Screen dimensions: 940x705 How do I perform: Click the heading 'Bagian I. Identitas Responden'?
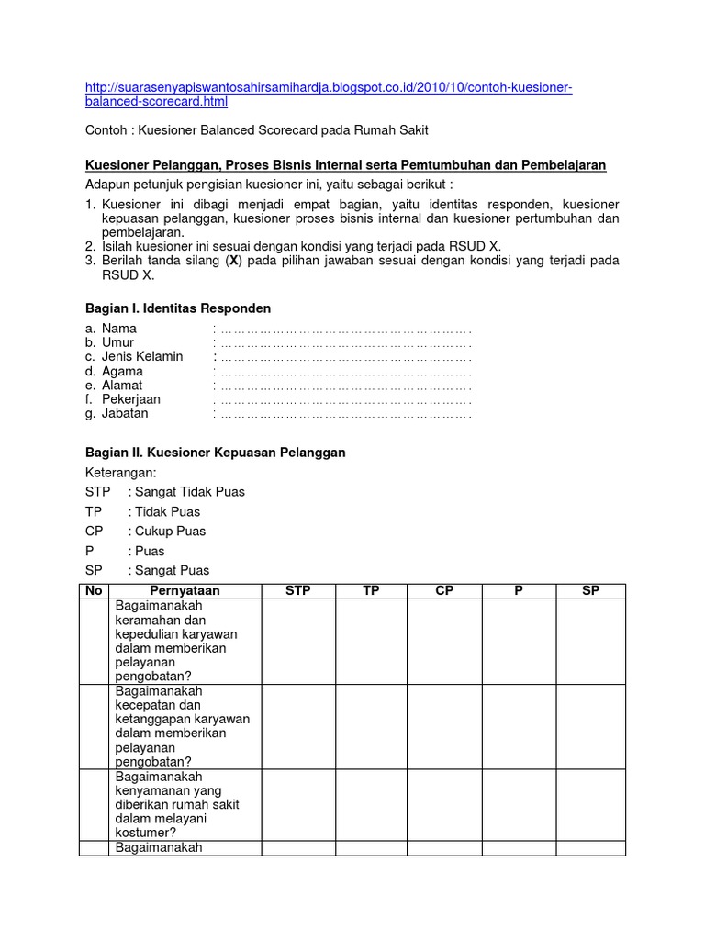pyautogui.click(x=177, y=308)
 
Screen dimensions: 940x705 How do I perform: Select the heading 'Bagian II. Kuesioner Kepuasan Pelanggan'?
pyautogui.click(x=215, y=453)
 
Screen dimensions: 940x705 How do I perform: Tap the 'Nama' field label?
pyautogui.click(x=118, y=329)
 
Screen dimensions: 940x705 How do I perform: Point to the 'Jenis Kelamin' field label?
pyautogui.click(x=141, y=356)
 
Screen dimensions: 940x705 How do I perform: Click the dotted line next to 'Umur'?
pyautogui.click(x=345, y=342)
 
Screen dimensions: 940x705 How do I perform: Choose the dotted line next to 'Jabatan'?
pyautogui.click(x=345, y=414)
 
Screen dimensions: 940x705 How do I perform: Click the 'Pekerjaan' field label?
pyautogui.click(x=130, y=399)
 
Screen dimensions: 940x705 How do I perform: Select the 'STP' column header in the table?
pyautogui.click(x=298, y=591)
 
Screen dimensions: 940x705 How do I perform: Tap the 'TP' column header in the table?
pyautogui.click(x=371, y=591)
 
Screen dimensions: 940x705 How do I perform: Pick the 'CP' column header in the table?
pyautogui.click(x=444, y=591)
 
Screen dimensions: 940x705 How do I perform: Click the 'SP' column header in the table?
pyautogui.click(x=590, y=591)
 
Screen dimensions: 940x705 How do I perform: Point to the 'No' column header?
pyautogui.click(x=94, y=591)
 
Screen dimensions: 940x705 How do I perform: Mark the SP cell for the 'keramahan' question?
pyautogui.click(x=590, y=641)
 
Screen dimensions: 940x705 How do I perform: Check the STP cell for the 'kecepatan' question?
pyautogui.click(x=298, y=726)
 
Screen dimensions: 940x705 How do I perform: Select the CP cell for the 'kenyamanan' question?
pyautogui.click(x=444, y=804)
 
